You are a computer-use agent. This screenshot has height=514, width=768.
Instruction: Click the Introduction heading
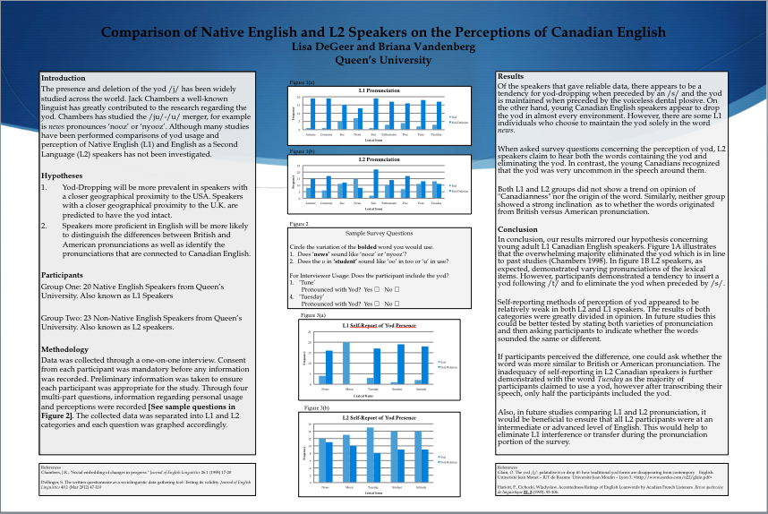[x=64, y=79]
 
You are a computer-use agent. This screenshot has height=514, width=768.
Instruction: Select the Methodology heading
[x=65, y=349]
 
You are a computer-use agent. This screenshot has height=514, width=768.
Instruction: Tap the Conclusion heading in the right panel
[x=518, y=228]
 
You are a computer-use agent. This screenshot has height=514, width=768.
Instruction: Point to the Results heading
[x=510, y=77]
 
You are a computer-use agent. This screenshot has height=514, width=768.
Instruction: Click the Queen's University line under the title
[x=383, y=61]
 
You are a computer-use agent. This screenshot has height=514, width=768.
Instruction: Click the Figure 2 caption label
[x=298, y=223]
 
